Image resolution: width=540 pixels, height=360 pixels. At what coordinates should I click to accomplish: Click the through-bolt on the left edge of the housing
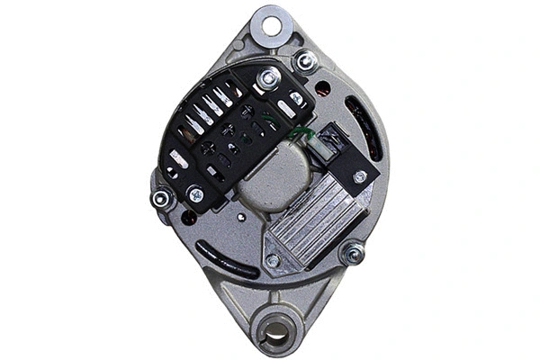161,198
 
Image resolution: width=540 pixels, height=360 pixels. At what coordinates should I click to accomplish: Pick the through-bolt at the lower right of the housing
353,254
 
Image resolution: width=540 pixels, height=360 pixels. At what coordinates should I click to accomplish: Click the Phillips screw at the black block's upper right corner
296,99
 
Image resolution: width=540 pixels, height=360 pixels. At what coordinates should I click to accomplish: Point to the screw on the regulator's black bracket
360,176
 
